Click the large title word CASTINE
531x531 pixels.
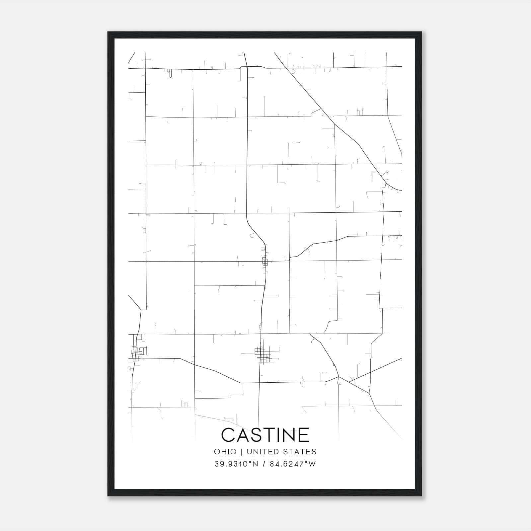coord(265,435)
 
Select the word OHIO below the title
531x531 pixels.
coord(225,452)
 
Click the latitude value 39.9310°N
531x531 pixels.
coord(236,464)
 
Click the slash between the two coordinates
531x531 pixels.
coord(264,464)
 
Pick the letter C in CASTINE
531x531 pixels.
coord(228,435)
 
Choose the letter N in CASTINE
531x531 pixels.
coord(288,435)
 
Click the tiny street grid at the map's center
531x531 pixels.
coord(265,262)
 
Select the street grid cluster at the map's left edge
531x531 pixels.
coord(138,352)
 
